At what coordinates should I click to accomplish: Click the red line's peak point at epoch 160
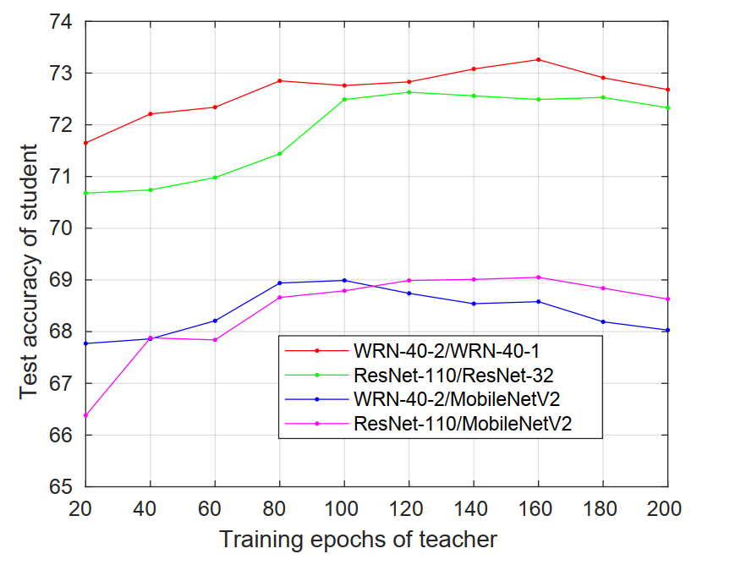(x=538, y=59)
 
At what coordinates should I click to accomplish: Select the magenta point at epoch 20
(x=86, y=415)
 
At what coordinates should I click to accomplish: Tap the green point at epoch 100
(x=344, y=99)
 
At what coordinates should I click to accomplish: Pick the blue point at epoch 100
(x=344, y=280)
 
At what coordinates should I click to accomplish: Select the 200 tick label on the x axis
(x=666, y=508)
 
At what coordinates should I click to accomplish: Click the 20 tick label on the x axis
(x=86, y=508)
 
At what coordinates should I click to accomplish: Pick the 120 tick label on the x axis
(x=409, y=508)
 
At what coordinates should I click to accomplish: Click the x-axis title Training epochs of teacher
(x=358, y=539)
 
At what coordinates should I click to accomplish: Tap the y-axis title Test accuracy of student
(x=29, y=271)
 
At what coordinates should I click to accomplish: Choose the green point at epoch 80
(x=279, y=153)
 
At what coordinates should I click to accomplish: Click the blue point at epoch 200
(x=667, y=330)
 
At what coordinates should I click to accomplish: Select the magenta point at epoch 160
(x=538, y=277)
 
